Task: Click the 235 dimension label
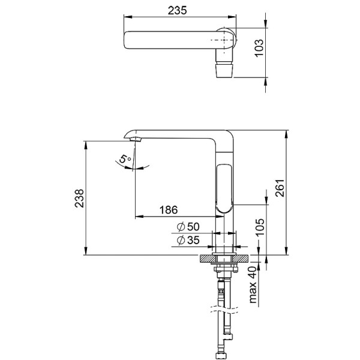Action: click(x=177, y=10)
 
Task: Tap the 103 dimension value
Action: click(x=259, y=48)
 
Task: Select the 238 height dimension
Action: click(x=79, y=199)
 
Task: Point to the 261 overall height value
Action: click(x=280, y=188)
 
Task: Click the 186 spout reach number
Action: click(x=169, y=210)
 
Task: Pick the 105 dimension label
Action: click(x=260, y=227)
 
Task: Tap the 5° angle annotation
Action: click(x=125, y=159)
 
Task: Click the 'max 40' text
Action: click(x=253, y=284)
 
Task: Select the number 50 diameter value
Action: click(x=193, y=227)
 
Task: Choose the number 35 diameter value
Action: click(x=193, y=240)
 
